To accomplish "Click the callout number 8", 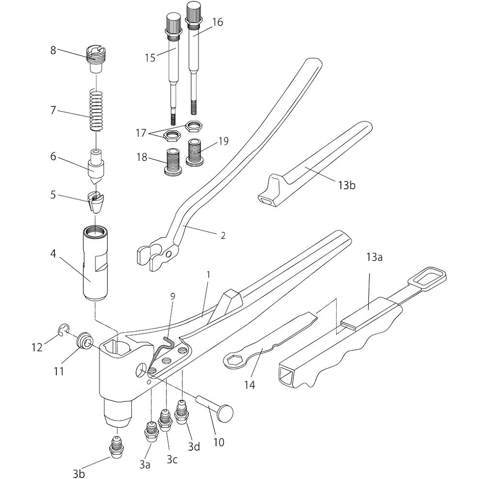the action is coord(53,50).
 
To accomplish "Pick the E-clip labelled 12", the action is coord(63,331).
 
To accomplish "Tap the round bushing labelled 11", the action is coord(84,341).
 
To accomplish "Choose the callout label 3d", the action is coord(194,446).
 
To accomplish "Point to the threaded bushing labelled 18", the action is coord(173,162).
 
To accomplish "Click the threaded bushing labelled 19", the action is coord(195,153).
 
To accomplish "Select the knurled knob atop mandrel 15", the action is coord(173,22).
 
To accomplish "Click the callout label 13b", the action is coord(347,185).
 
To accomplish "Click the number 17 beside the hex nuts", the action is coord(141,133).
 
